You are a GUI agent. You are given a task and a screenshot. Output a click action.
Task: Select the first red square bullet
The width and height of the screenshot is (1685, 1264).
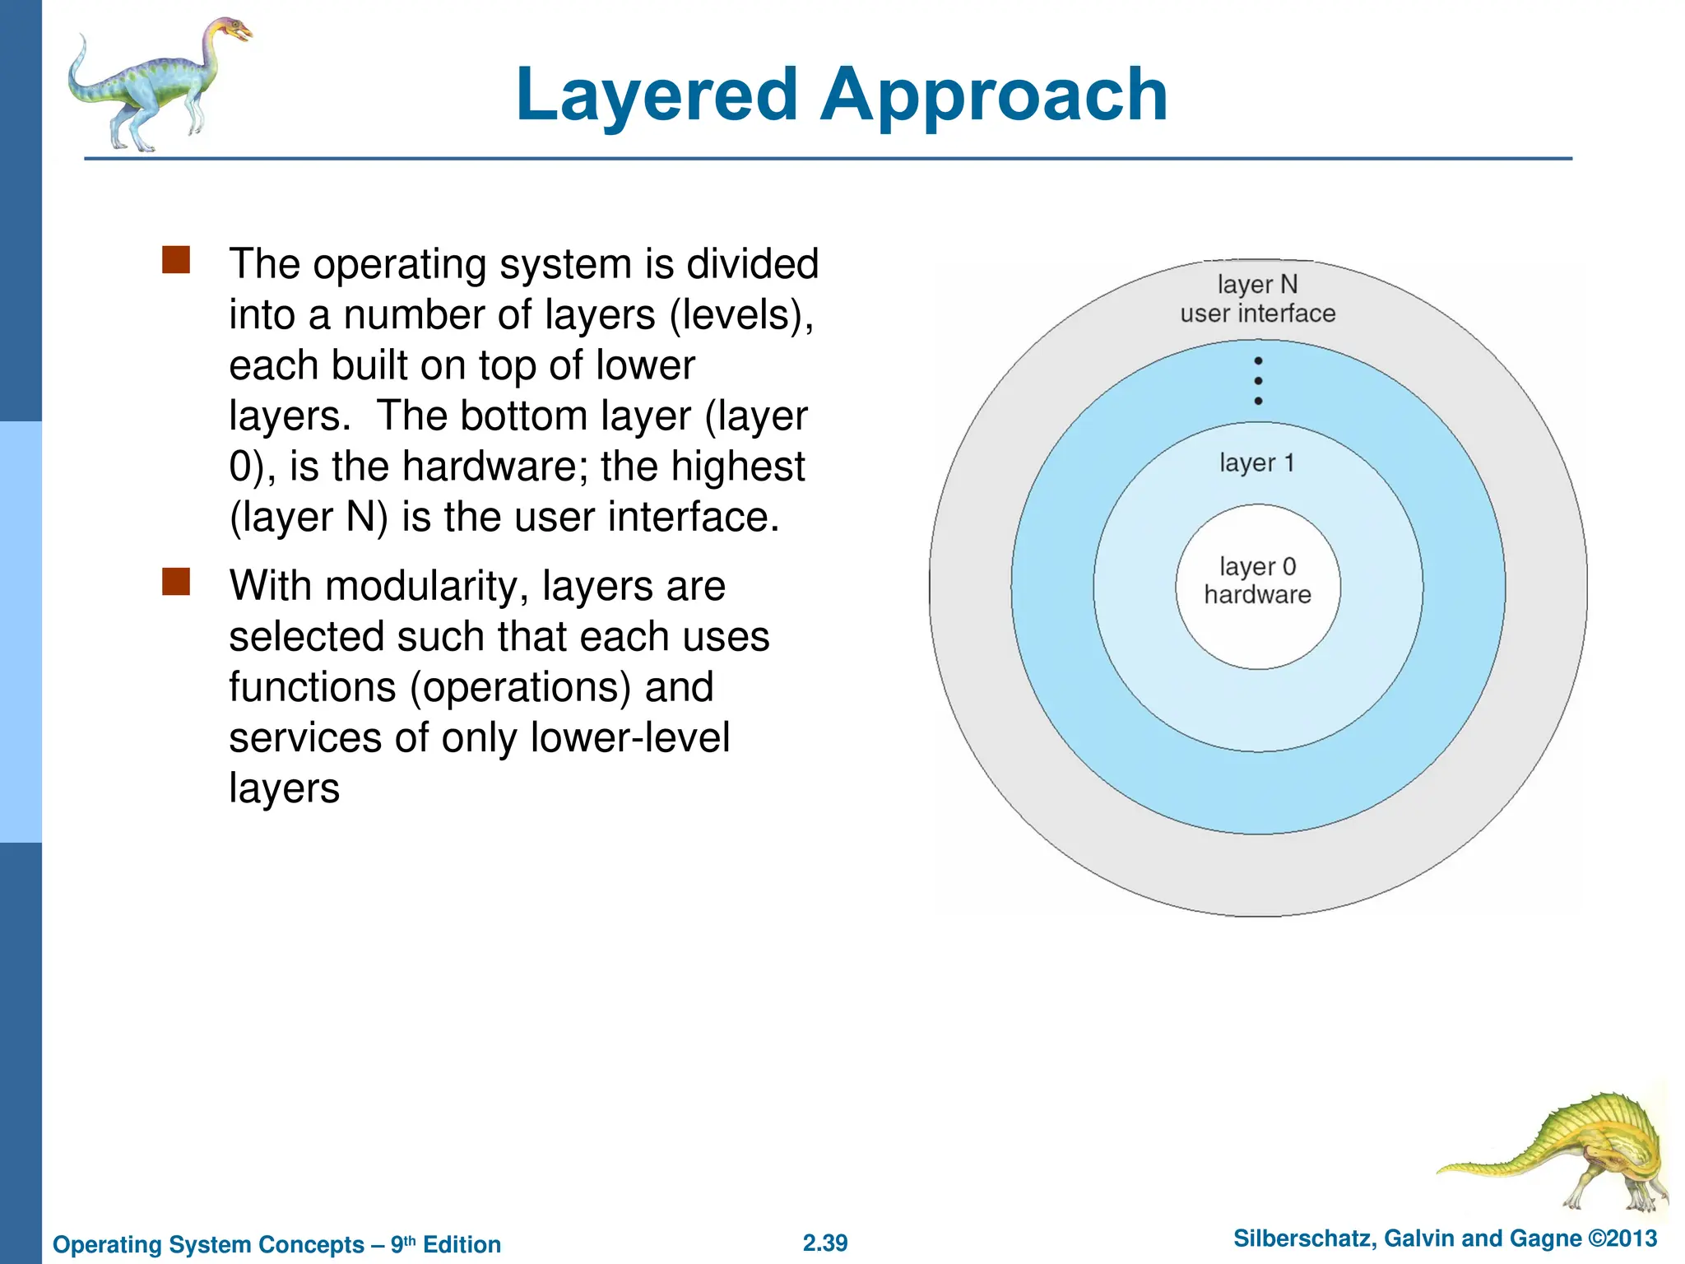point(176,260)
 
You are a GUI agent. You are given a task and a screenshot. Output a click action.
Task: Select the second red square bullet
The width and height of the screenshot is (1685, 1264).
point(176,582)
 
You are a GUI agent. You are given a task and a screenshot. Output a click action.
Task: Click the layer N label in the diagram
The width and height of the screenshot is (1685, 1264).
point(1257,285)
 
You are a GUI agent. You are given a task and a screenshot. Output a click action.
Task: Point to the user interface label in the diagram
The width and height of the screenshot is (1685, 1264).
point(1257,314)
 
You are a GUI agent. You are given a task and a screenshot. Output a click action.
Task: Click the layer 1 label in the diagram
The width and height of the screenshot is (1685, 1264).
point(1256,463)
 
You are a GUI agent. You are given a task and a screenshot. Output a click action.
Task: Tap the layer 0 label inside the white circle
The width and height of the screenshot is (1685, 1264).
point(1257,567)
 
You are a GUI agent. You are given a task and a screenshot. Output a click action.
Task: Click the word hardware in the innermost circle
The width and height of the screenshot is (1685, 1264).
point(1257,595)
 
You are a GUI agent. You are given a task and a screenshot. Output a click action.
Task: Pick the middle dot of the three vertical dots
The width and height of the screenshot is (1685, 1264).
point(1258,381)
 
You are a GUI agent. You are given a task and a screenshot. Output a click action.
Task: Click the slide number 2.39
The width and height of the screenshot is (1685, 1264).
point(825,1243)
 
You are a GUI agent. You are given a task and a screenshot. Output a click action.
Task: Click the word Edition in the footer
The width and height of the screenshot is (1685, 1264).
point(462,1244)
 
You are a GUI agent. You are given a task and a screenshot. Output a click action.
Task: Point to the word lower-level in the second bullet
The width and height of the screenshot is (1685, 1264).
point(629,737)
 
